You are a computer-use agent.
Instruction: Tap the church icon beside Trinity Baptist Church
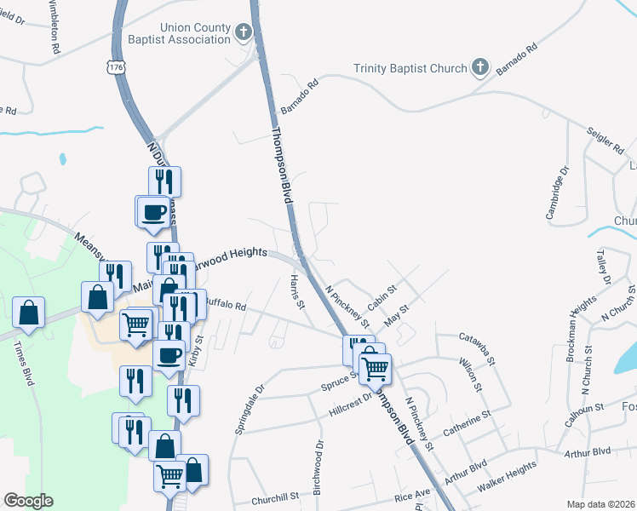(480, 67)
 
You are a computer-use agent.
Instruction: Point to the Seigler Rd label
(605, 140)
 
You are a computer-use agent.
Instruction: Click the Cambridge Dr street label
(555, 197)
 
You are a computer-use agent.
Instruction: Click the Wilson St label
(471, 374)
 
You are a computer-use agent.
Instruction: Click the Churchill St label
(274, 497)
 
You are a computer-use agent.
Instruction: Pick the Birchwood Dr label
(318, 460)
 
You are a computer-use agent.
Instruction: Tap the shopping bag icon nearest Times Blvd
(29, 312)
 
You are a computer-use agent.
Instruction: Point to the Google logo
(28, 501)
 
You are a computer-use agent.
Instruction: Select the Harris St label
(297, 292)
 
